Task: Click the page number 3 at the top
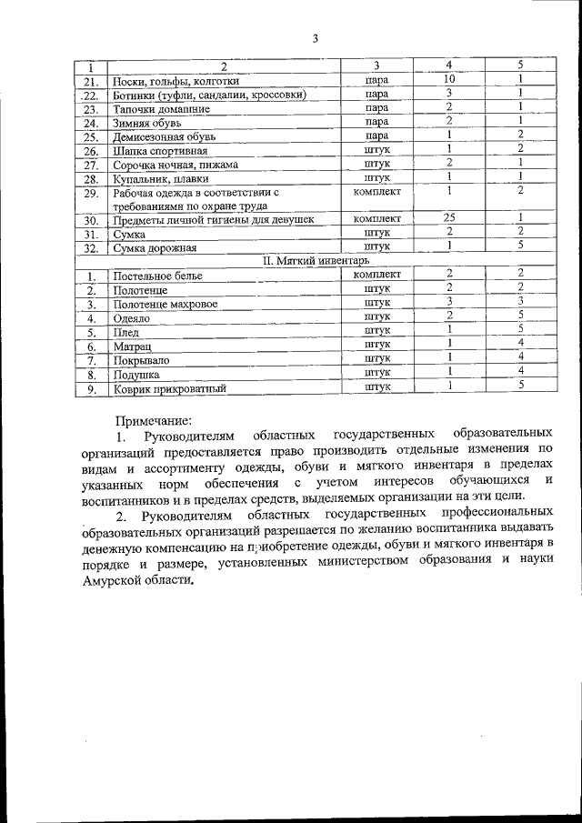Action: coord(315,38)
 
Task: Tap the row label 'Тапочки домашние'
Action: coord(161,108)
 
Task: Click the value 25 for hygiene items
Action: coord(448,218)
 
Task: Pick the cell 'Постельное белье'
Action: coord(157,275)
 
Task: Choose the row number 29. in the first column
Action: coord(90,193)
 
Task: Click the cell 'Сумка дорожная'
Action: coord(153,246)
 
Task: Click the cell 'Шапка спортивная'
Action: coord(160,151)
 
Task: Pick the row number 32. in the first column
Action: coord(90,246)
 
